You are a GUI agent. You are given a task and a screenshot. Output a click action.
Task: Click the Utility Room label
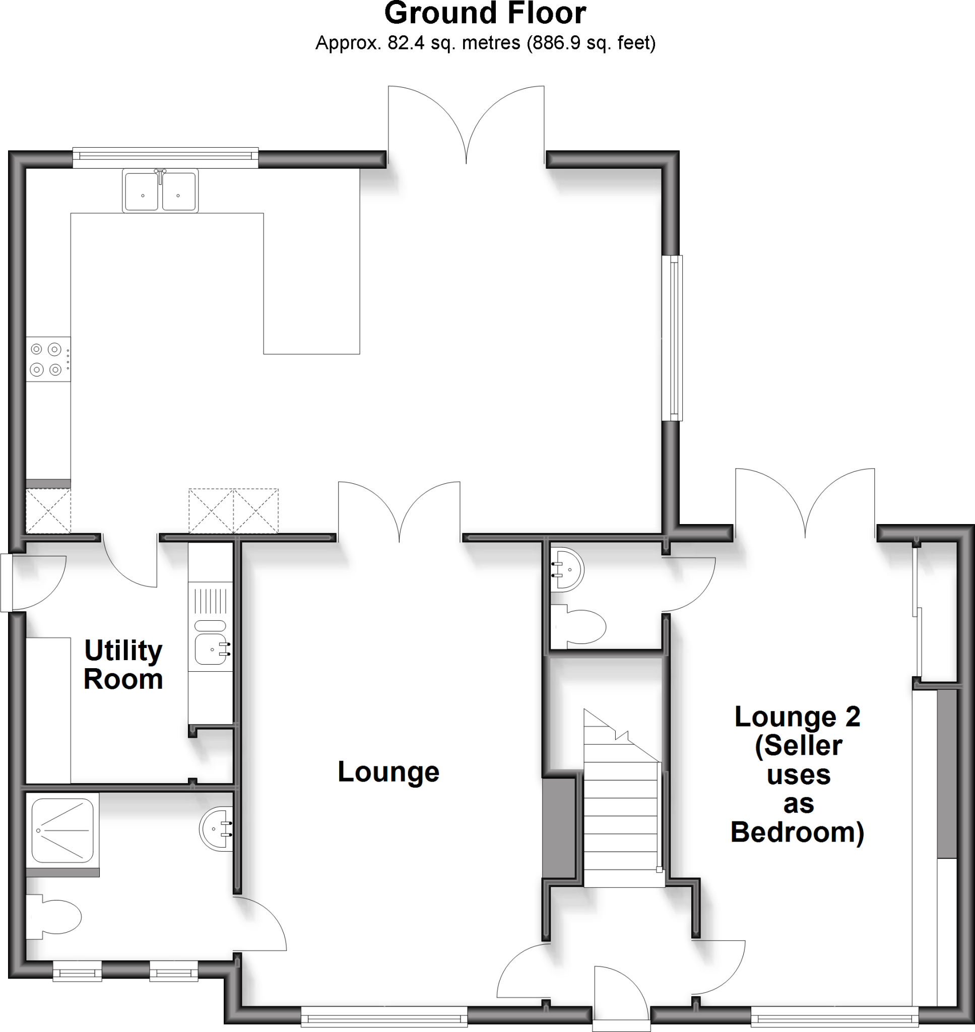tap(123, 665)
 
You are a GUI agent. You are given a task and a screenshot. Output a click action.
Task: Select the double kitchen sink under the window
tap(160, 190)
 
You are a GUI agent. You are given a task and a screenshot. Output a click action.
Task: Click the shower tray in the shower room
tap(63, 830)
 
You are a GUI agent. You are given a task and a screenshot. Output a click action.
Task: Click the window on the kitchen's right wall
tap(674, 338)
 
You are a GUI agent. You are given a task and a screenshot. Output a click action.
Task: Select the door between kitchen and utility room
tap(130, 561)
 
